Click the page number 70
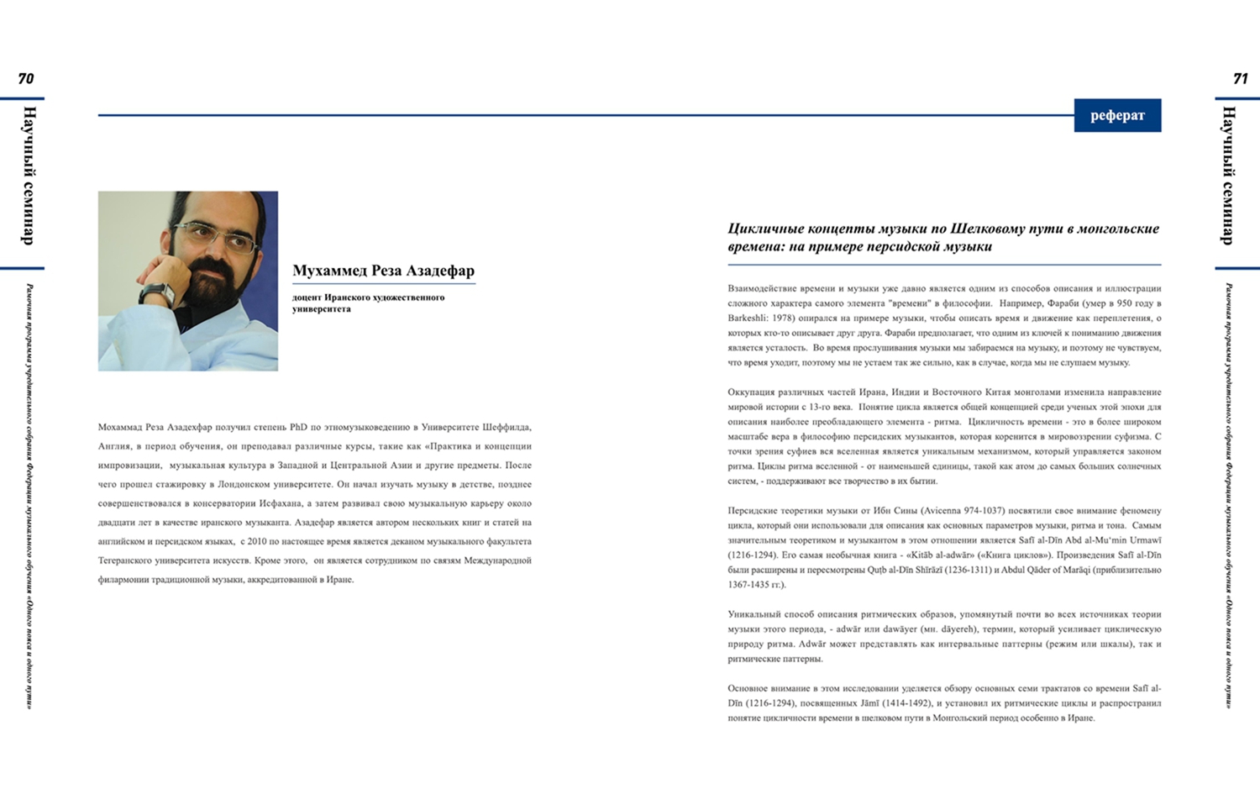coord(26,79)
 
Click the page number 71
coord(1240,79)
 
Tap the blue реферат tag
coord(1117,116)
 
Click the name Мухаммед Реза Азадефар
coord(383,271)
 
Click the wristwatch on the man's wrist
coord(157,293)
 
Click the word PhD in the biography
coord(298,428)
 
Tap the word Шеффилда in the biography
coord(505,428)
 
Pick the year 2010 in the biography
coord(257,542)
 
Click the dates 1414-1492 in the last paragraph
coord(907,703)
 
